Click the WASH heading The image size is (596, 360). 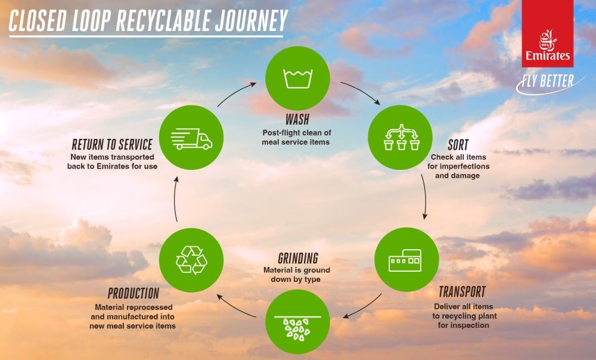coord(297,120)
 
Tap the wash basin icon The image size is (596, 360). coord(297,79)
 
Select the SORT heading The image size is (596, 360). coord(458,145)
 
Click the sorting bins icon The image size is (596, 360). coord(401,137)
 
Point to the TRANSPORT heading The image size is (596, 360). coord(462,292)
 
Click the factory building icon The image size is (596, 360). coord(405,260)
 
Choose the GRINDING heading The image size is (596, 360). coord(297,259)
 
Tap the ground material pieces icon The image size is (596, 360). coord(297,328)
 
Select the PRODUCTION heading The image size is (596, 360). coord(134,293)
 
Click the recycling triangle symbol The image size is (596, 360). coord(191,260)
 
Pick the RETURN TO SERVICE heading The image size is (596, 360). coord(112,145)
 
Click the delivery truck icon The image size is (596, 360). coord(191,139)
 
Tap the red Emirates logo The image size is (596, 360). coord(547,33)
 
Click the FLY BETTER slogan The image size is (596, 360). coord(547,81)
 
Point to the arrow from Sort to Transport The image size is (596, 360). coord(425,197)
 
